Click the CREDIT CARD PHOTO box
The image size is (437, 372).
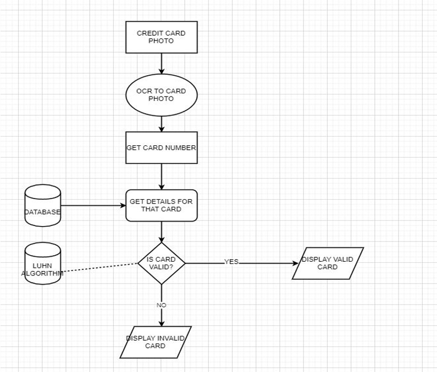(161, 37)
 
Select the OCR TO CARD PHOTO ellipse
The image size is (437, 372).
(161, 95)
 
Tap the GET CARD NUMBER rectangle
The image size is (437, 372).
(161, 148)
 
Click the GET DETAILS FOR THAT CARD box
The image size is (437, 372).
(161, 206)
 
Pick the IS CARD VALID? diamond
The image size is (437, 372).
(161, 263)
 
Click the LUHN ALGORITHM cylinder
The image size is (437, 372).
(42, 263)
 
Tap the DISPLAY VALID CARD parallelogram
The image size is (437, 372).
(328, 263)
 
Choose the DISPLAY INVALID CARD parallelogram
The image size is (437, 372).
(156, 342)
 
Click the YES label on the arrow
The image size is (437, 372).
(231, 262)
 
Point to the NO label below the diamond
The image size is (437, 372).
(161, 305)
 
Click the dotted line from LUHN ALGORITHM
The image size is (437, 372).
(99, 267)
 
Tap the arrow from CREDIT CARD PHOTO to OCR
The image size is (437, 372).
(161, 63)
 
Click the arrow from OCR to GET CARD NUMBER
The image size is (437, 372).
(161, 123)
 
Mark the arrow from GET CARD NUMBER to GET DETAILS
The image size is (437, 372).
(161, 176)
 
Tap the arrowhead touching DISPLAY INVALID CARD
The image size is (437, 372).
(161, 323)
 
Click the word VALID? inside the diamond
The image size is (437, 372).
(161, 267)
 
